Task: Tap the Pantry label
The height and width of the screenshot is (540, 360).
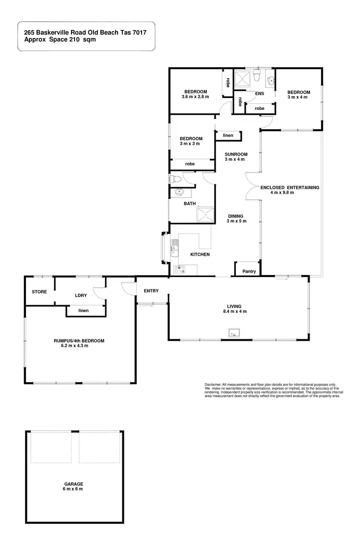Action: (249, 272)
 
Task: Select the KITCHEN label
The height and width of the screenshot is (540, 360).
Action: (200, 254)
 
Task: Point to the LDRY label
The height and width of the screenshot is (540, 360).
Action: (80, 296)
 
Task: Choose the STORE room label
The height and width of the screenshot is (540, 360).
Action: (39, 291)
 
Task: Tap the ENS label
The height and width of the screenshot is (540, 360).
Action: (260, 94)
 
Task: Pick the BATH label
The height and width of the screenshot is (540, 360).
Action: (190, 204)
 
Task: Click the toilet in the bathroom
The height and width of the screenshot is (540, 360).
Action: (176, 180)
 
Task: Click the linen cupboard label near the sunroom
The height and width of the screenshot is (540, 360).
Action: (228, 135)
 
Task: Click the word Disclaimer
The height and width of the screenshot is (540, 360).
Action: (213, 384)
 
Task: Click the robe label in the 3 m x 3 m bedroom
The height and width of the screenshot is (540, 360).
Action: (190, 164)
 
